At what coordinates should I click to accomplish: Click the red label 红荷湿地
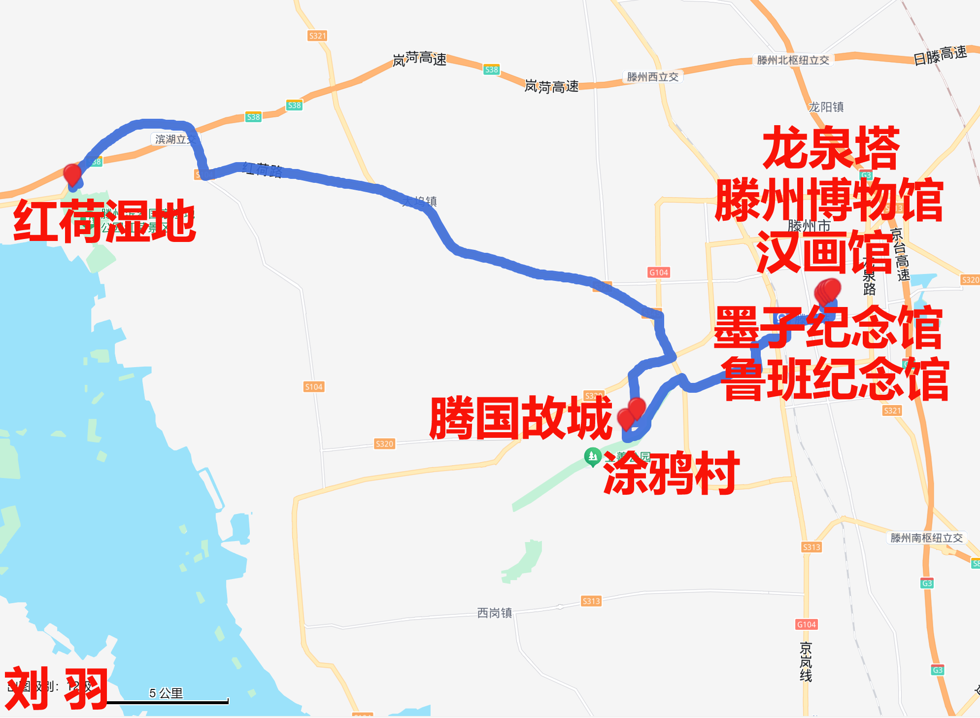point(104,221)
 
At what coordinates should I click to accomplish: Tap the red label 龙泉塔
point(831,148)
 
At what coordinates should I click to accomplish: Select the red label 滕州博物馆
point(829,201)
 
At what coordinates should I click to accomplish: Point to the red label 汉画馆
point(824,253)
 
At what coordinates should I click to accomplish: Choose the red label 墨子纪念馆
point(828,328)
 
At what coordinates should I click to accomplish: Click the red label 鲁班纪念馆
point(835,379)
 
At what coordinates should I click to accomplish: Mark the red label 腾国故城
point(521,418)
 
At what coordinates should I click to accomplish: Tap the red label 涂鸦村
point(671,473)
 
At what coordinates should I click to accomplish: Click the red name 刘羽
point(56,688)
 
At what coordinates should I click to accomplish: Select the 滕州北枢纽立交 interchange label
point(793,60)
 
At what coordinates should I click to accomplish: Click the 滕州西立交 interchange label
point(652,77)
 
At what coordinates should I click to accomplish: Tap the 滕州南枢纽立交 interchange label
point(926,538)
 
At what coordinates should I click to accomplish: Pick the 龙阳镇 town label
point(826,107)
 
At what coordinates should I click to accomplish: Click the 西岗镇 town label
point(494,613)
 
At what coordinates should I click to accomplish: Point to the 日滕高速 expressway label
point(940,55)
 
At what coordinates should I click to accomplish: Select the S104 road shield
point(313,387)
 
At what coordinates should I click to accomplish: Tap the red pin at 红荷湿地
point(72,174)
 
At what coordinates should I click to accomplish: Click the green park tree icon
point(592,456)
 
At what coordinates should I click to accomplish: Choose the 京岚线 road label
point(806,662)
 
